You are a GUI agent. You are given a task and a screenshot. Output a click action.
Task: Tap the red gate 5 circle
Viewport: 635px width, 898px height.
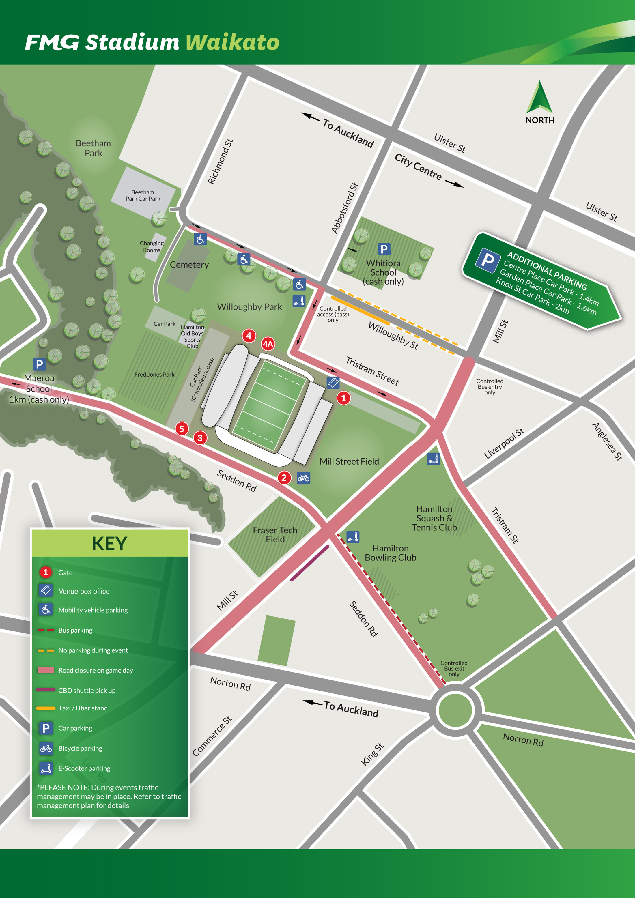click(x=182, y=429)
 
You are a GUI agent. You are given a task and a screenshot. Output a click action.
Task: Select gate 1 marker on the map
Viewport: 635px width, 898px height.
click(x=343, y=398)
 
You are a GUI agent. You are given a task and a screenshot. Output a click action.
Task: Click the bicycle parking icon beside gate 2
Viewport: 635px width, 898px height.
click(x=304, y=478)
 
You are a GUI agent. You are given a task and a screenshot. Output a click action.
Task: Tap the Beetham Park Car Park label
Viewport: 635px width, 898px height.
click(x=143, y=196)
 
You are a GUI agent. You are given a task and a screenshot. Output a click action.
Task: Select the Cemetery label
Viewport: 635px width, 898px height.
click(x=189, y=265)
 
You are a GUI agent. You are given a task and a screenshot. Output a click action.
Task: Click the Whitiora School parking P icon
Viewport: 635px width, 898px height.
click(x=384, y=249)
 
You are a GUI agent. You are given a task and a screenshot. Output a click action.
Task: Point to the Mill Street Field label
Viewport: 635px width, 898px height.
click(x=349, y=461)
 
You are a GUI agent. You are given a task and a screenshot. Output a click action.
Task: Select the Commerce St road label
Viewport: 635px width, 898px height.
click(x=212, y=736)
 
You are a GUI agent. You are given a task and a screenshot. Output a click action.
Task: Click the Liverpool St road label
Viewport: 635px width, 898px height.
click(x=504, y=444)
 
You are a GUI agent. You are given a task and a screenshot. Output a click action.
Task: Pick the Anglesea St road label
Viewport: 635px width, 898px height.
click(x=607, y=441)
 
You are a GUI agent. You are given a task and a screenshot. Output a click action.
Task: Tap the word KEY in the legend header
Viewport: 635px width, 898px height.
click(x=110, y=543)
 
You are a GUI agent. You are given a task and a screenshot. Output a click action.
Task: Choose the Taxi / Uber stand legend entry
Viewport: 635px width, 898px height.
click(x=83, y=708)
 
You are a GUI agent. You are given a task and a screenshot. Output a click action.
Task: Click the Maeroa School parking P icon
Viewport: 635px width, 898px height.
click(x=39, y=364)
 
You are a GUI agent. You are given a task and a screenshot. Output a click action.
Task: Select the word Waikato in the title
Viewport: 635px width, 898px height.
click(x=232, y=42)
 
